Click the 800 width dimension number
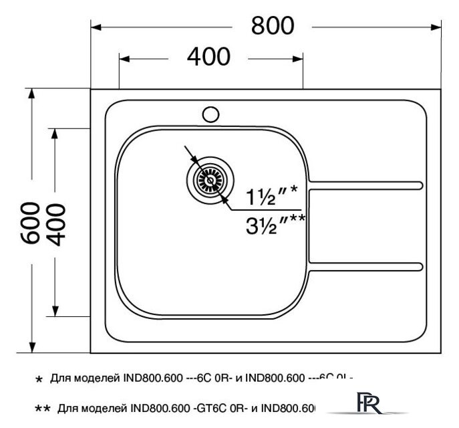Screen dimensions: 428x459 (x=272, y=25)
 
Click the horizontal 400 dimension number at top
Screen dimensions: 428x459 (x=208, y=58)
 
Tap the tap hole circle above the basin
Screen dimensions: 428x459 (x=211, y=114)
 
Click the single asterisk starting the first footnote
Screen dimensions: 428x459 (x=38, y=380)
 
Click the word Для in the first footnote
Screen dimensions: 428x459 (x=59, y=379)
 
